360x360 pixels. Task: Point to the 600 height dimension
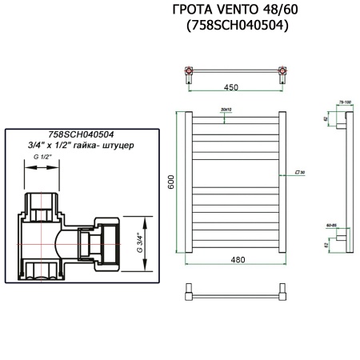click(170, 182)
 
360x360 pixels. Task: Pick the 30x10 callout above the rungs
click(225, 109)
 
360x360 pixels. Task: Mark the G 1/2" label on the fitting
click(45, 158)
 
